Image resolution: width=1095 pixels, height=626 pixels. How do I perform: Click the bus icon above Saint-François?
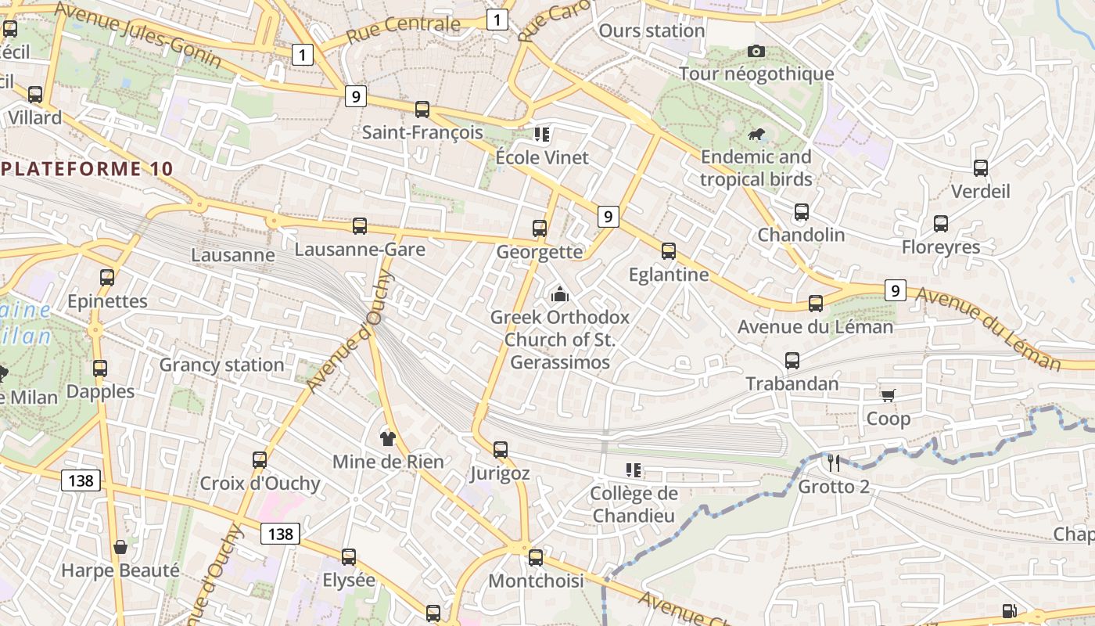(422, 110)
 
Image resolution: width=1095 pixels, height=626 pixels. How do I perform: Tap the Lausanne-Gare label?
(360, 250)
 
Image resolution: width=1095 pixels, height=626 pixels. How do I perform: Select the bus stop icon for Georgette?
(540, 228)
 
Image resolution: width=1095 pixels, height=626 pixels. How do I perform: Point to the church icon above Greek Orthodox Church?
(559, 295)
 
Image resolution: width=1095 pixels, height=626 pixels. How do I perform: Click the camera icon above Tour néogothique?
(756, 52)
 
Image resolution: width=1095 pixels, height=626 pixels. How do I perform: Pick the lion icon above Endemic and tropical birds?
(756, 135)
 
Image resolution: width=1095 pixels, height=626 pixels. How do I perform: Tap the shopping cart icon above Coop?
(888, 395)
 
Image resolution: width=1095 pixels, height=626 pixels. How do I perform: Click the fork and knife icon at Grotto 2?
(834, 463)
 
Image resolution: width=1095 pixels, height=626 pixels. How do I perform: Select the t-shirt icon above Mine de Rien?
(387, 438)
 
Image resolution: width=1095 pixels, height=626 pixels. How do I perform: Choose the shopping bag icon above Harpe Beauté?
(120, 547)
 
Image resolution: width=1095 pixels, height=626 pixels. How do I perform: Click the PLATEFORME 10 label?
(86, 168)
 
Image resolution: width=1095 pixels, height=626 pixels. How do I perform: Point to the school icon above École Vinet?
(542, 134)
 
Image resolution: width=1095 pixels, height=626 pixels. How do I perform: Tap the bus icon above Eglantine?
(669, 251)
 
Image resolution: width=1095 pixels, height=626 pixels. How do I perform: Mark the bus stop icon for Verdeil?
(981, 168)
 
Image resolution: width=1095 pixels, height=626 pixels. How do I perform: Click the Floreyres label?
(941, 247)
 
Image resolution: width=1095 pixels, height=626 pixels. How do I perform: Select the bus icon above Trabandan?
(792, 361)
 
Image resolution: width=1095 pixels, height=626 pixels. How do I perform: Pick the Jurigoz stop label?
(500, 473)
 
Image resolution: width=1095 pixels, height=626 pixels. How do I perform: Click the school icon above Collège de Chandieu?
(634, 470)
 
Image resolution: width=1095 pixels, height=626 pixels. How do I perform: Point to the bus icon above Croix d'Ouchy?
(260, 460)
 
